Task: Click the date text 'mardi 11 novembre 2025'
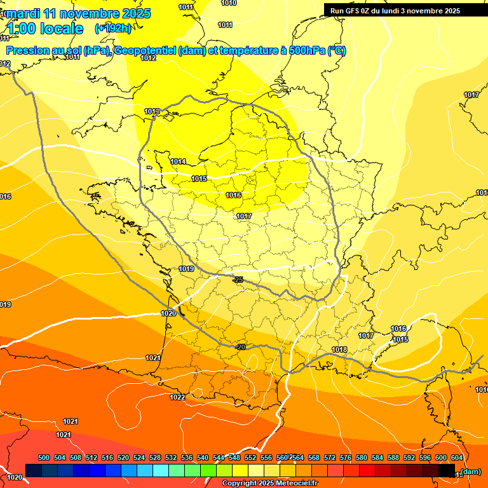[x=79, y=13]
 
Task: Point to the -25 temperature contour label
[x=238, y=280]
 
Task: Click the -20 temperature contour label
[x=240, y=347]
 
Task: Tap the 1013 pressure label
[x=152, y=112]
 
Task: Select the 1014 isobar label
[x=178, y=161]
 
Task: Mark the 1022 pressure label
[x=177, y=397]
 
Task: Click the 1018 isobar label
[x=339, y=349]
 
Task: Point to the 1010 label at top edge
[x=229, y=3]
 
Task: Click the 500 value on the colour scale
[x=44, y=457]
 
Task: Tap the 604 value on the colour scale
[x=456, y=457]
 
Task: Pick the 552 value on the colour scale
[x=250, y=457]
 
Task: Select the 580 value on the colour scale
[x=362, y=457]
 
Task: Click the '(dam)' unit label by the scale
[x=470, y=471]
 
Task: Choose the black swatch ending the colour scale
[x=447, y=470]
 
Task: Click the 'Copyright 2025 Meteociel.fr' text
[x=269, y=484]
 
